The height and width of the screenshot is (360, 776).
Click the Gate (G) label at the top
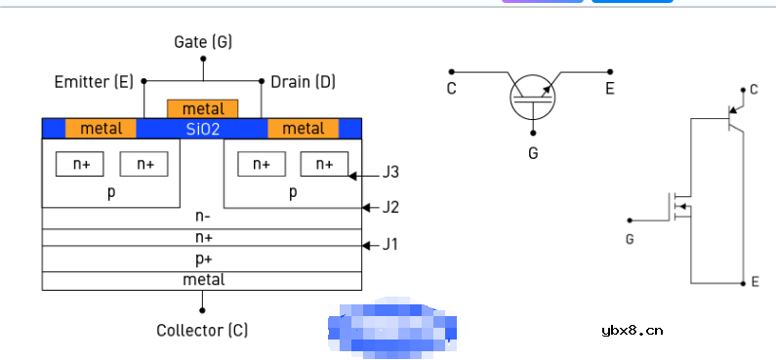pos(203,42)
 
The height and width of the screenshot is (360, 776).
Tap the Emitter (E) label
pos(94,82)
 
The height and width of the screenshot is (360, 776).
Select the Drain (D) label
pos(303,82)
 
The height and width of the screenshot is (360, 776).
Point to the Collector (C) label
pos(202,330)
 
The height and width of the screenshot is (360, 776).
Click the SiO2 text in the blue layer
pos(203,129)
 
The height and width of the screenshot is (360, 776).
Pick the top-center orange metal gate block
pos(203,109)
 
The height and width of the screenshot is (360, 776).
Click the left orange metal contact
pos(101,129)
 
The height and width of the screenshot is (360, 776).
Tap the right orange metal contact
pos(304,129)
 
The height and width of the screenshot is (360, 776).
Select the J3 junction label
pos(390,173)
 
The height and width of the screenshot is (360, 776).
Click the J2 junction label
pos(390,207)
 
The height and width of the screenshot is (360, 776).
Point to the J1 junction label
pos(390,245)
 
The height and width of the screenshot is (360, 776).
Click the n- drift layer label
pos(203,216)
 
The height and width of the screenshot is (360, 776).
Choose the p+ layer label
pos(204,259)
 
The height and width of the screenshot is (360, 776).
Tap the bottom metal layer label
pos(204,280)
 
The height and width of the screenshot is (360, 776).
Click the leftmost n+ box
pos(80,164)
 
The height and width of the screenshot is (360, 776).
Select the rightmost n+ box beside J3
pos(324,164)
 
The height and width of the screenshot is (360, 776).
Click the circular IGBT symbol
pos(533,98)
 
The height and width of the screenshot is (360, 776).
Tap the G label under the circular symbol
pos(533,153)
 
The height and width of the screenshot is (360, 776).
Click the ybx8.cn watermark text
pos(632,331)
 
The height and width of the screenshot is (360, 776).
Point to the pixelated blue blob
pos(392,328)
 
